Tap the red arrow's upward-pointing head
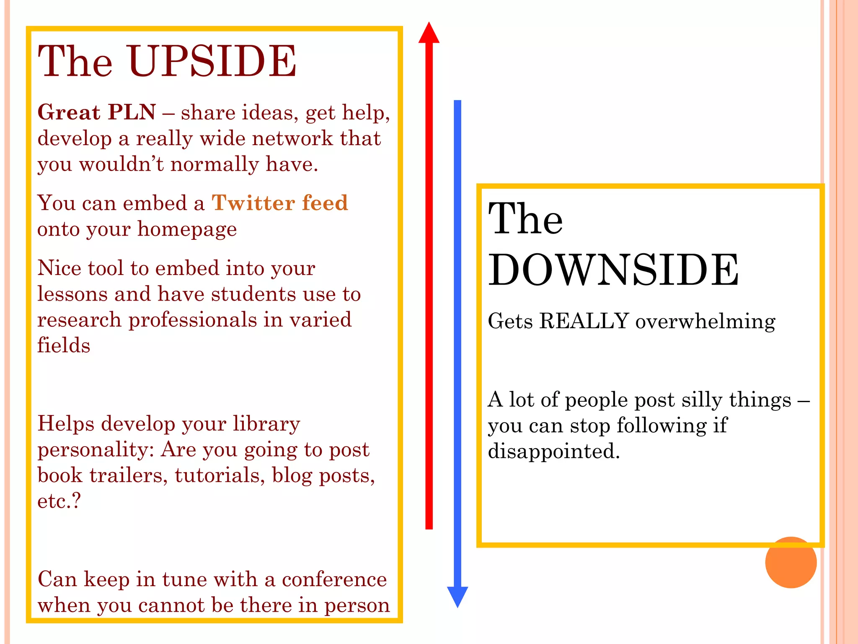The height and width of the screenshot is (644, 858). (x=429, y=34)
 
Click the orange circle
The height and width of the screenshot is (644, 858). (x=791, y=562)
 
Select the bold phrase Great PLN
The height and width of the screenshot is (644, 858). (x=96, y=112)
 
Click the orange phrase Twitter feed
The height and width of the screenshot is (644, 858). (x=280, y=203)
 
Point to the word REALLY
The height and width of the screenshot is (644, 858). (x=584, y=321)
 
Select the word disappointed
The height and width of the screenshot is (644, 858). (x=553, y=452)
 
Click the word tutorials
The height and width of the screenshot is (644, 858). (x=220, y=475)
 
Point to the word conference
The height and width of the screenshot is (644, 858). (x=334, y=579)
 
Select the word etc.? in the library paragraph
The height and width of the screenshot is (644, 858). (x=59, y=501)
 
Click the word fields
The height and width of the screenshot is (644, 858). (x=64, y=345)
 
